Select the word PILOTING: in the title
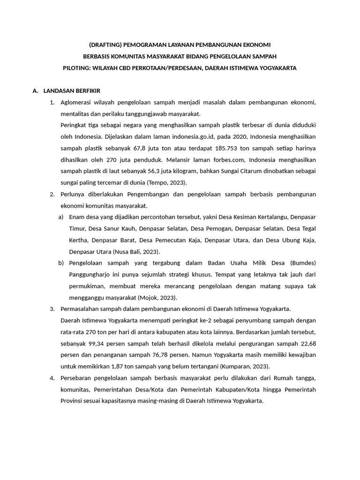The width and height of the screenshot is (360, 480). pos(77,68)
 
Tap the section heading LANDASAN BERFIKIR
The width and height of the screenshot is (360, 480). pos(72,90)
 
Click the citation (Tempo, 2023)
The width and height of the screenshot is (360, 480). pos(166,182)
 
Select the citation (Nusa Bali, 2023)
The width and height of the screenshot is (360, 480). pos(126,252)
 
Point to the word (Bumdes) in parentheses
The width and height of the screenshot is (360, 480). pos(301,263)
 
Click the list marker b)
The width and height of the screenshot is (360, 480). pos(61,263)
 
